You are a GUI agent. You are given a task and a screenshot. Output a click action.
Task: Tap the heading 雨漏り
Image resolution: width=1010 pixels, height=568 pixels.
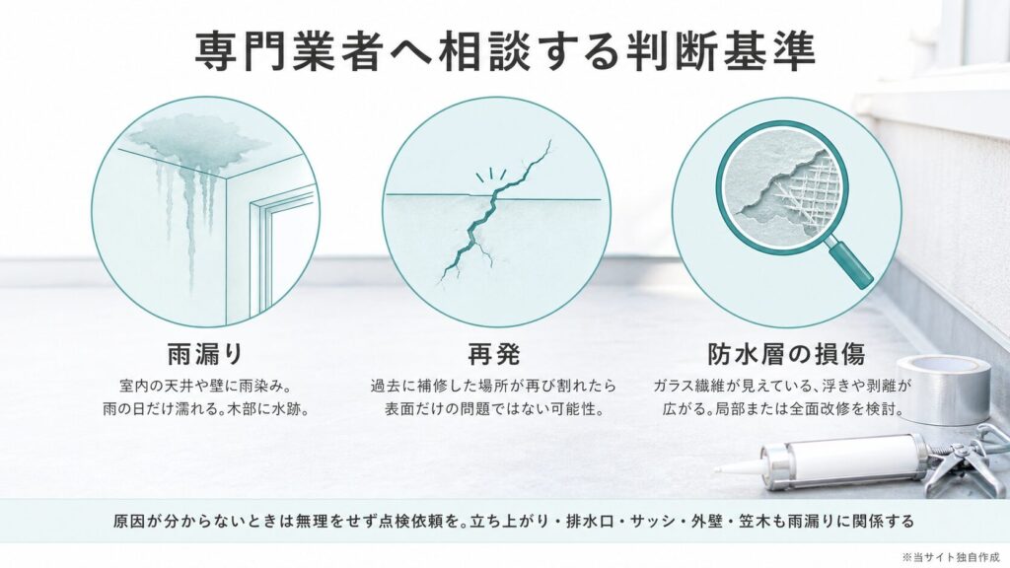coord(205,354)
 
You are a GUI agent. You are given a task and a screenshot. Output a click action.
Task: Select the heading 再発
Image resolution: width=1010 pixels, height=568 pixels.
coord(493,354)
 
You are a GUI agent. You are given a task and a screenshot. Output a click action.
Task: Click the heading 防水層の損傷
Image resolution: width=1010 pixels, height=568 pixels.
coord(786,354)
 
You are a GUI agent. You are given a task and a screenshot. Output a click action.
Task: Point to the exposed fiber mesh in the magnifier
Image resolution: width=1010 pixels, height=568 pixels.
coord(808,184)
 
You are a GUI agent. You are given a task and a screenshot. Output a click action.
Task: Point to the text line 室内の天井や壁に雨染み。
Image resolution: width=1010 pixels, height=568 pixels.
coord(206,386)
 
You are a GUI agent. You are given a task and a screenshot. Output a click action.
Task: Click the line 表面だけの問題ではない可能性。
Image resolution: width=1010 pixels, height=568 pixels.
coord(493,409)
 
